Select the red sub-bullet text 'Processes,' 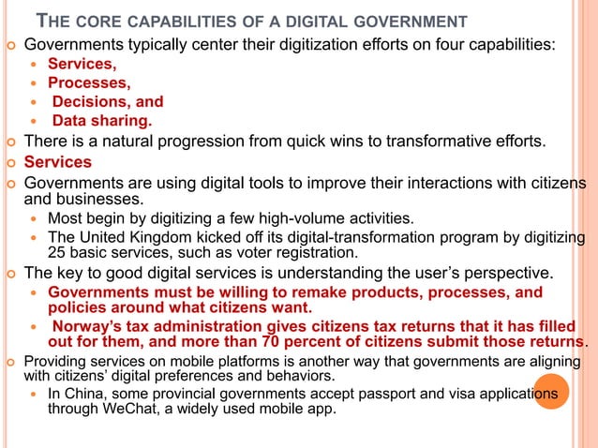point(90,82)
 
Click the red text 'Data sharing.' point(101,121)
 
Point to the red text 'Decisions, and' point(107,101)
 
